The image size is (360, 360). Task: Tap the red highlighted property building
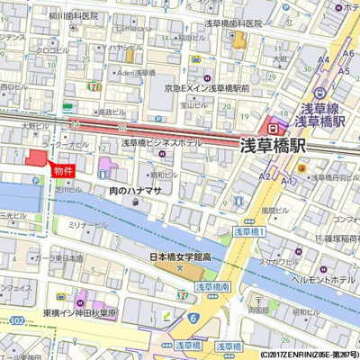point(37,157)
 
